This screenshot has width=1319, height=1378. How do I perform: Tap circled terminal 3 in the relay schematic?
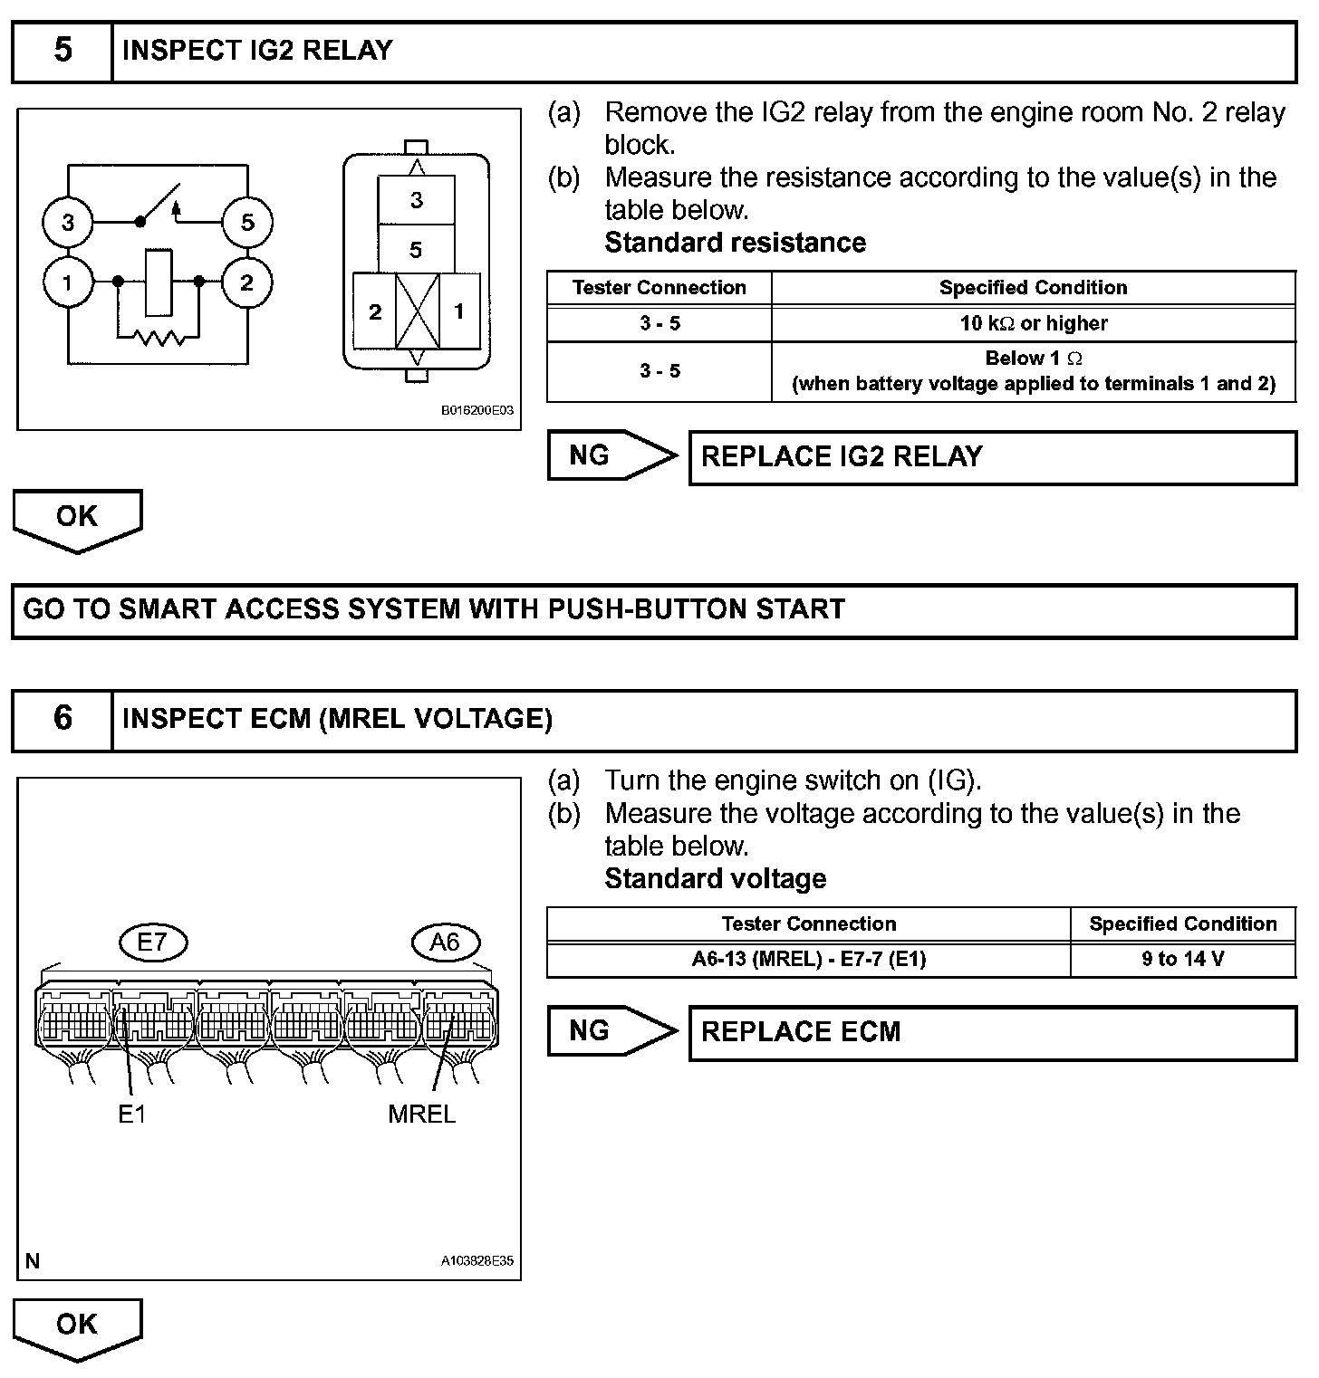tap(68, 222)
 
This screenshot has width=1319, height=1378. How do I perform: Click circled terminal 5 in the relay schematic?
tap(247, 222)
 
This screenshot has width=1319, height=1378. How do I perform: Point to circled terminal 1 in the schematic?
tap(68, 282)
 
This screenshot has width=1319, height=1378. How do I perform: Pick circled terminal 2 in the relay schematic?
tap(247, 282)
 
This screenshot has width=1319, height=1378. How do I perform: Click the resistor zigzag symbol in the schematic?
tap(159, 339)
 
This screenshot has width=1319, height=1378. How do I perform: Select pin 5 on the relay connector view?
tap(416, 250)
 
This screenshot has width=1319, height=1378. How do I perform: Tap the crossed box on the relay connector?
tap(417, 311)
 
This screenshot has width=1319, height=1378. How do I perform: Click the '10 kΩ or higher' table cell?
tap(1033, 323)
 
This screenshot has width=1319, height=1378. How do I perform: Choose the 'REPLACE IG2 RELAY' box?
tap(992, 457)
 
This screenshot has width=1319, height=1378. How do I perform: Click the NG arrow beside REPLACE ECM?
tap(611, 1030)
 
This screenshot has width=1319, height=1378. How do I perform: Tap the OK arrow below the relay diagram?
tap(77, 519)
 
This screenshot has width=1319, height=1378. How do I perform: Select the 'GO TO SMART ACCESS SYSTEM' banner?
tap(653, 610)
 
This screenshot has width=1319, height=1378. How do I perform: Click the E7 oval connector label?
tap(152, 943)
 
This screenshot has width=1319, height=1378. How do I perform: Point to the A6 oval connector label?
tap(444, 943)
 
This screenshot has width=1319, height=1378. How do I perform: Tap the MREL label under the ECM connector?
tap(421, 1114)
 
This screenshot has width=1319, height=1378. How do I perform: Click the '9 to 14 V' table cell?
tap(1182, 959)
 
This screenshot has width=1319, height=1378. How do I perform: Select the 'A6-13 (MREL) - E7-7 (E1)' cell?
tap(808, 959)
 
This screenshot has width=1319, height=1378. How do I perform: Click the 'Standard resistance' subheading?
tap(735, 243)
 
